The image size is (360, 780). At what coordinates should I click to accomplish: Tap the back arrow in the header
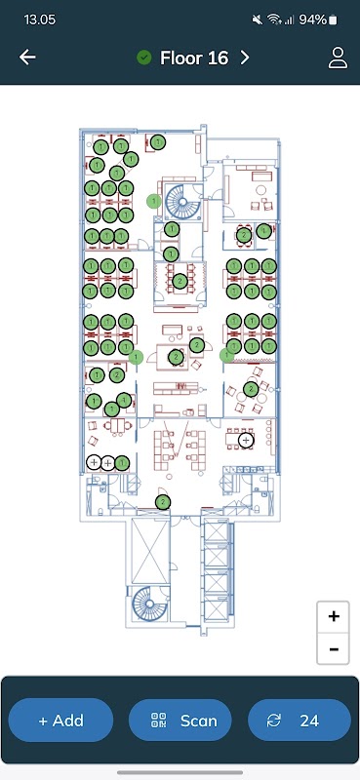pos(27,58)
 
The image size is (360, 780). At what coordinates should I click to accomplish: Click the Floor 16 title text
pos(194,58)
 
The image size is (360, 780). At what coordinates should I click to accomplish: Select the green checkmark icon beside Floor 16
pos(143,58)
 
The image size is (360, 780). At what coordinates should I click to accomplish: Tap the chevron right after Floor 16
pos(245,58)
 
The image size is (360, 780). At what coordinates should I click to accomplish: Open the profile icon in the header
pos(338,58)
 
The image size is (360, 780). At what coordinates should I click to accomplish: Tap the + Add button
pos(60,721)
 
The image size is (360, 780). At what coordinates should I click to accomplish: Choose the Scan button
pos(180,721)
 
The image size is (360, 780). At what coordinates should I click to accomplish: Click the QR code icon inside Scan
pos(158,721)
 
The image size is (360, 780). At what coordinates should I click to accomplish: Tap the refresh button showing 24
pos(300,721)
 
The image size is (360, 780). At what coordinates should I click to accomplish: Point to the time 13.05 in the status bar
pos(40,19)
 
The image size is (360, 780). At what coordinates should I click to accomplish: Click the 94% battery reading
pos(313,19)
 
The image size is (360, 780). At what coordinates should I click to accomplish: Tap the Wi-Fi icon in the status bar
pos(274,19)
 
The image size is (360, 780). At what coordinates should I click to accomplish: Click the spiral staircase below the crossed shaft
pos(148,603)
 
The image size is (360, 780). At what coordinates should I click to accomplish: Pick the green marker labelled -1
pos(124,400)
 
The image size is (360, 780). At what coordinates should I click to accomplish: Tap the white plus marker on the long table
pos(246,440)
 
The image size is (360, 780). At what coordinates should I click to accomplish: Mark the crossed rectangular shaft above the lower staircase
pos(150,550)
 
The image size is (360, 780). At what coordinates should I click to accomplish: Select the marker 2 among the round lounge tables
pos(251,389)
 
